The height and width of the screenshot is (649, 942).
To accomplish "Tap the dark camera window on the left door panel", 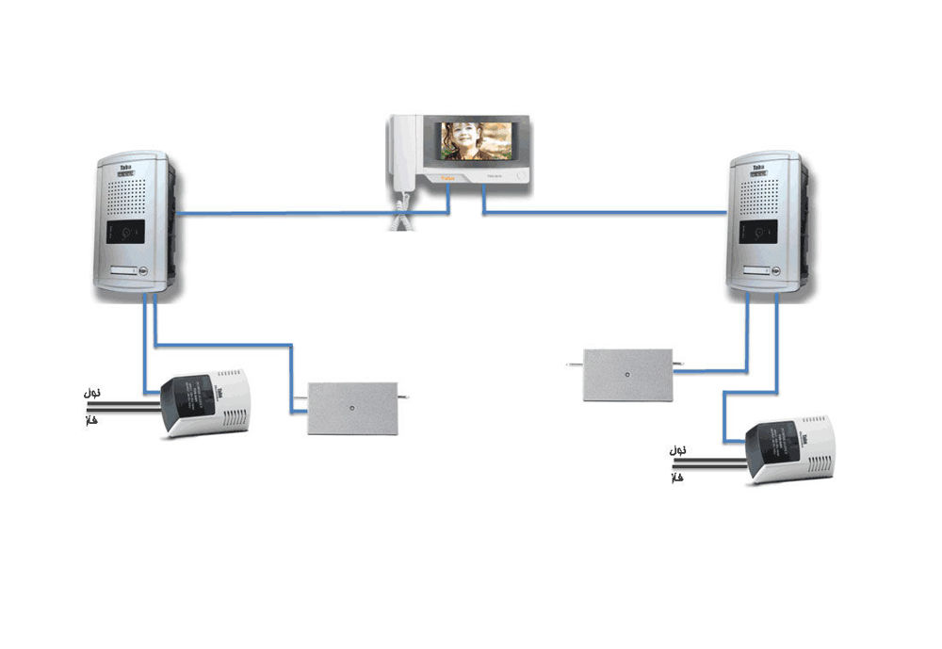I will (x=126, y=230).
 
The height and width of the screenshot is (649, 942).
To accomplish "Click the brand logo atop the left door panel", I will (x=125, y=168).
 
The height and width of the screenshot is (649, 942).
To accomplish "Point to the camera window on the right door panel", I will (x=760, y=231).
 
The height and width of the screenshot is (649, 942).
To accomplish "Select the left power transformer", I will (x=206, y=402).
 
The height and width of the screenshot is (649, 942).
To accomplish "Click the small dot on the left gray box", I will (x=350, y=409).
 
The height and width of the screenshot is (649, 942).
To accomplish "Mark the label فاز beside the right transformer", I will (x=676, y=479).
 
